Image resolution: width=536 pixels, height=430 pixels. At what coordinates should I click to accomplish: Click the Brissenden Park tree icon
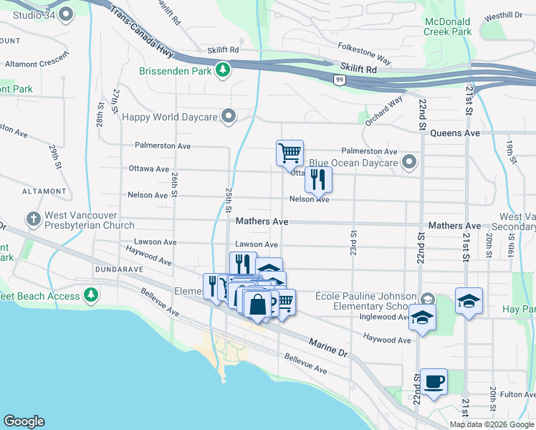[223, 70]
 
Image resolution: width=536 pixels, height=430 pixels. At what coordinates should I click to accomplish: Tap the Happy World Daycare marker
[229, 116]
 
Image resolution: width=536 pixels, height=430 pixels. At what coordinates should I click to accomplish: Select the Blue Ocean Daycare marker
[409, 163]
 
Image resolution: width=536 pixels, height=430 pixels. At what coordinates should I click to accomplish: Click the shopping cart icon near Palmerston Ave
[289, 153]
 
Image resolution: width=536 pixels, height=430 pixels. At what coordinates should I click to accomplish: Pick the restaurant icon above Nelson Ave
[318, 179]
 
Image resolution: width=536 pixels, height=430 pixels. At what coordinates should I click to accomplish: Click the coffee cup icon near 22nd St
[433, 381]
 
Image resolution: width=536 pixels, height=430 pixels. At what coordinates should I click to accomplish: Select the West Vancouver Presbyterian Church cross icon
[33, 218]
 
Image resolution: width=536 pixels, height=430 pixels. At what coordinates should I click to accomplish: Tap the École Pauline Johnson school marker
[428, 299]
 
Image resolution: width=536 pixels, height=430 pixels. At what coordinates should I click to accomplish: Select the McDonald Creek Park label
[447, 27]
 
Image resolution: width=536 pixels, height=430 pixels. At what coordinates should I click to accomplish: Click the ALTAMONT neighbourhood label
[24, 191]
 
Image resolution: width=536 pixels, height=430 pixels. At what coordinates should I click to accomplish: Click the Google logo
[24, 421]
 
